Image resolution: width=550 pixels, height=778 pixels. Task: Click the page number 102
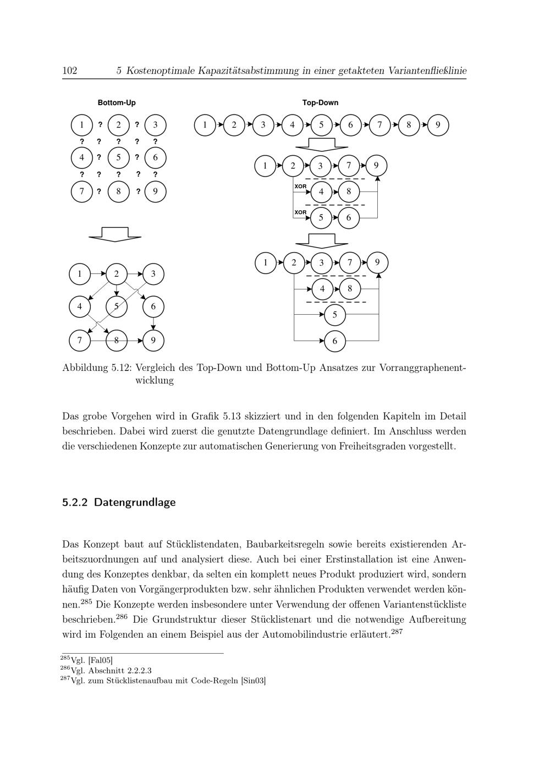click(69, 70)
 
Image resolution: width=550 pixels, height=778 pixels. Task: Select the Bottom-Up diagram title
click(117, 103)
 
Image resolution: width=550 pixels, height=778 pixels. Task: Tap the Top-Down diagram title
click(320, 103)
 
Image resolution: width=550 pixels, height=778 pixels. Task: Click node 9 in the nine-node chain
click(438, 125)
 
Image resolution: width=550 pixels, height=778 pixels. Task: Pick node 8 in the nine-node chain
click(409, 125)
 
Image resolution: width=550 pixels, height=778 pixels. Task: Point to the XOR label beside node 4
click(300, 187)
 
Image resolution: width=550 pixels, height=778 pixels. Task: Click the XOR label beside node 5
click(300, 212)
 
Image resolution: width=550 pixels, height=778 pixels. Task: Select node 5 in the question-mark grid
click(118, 158)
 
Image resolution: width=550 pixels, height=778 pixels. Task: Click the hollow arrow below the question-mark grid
click(115, 234)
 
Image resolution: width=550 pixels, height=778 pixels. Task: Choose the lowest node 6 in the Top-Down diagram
click(335, 341)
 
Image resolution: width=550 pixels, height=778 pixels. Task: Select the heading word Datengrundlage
click(135, 502)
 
